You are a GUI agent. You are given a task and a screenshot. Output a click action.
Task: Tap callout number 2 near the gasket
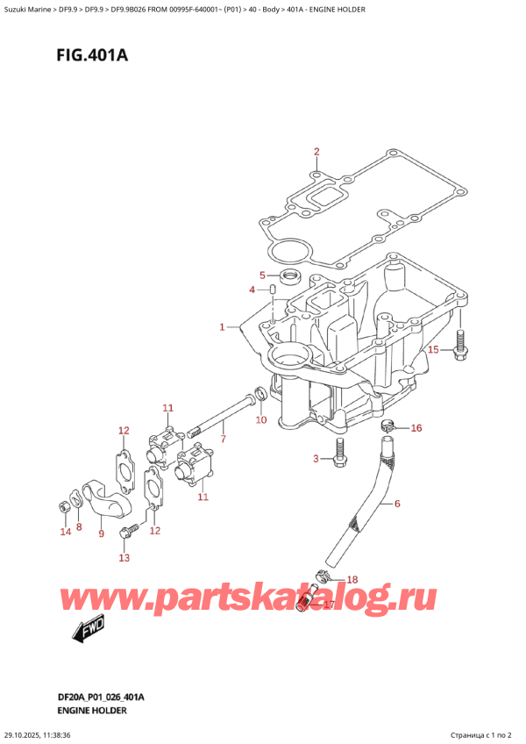316,151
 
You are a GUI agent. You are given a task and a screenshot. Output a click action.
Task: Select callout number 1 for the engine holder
223,327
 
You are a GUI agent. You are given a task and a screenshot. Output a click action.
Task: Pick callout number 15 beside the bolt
433,351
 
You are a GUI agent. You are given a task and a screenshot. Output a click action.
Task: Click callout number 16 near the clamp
416,428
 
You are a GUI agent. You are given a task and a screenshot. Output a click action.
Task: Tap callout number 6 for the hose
397,504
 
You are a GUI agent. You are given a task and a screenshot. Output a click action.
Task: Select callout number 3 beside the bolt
316,459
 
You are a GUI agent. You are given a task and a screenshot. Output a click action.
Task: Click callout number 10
260,420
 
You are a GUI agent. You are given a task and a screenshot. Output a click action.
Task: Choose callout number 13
124,557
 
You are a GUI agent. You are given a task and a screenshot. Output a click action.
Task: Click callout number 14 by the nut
64,532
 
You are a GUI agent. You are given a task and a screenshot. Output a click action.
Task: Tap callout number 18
353,580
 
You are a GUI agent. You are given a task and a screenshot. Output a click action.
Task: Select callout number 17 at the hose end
330,604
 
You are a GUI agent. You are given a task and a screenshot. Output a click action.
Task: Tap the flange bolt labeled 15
458,347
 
